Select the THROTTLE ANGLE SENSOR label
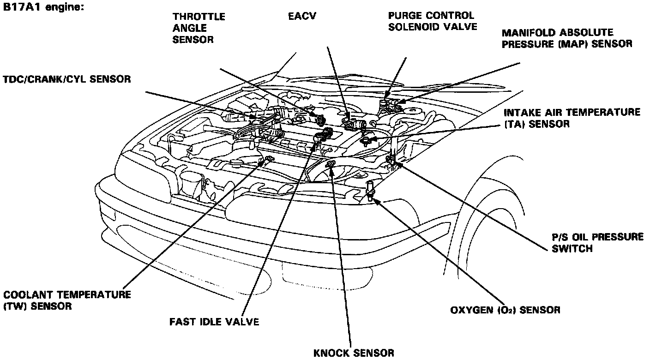(199, 28)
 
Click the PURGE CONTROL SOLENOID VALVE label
(432, 21)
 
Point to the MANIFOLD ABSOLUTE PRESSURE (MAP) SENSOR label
(567, 38)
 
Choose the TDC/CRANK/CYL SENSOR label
(66, 79)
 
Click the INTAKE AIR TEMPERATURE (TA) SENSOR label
(572, 118)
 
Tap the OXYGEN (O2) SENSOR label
(505, 310)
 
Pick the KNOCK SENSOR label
(354, 353)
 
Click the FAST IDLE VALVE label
(214, 322)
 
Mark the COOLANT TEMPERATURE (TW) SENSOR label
(67, 300)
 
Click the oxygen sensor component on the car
(369, 189)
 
